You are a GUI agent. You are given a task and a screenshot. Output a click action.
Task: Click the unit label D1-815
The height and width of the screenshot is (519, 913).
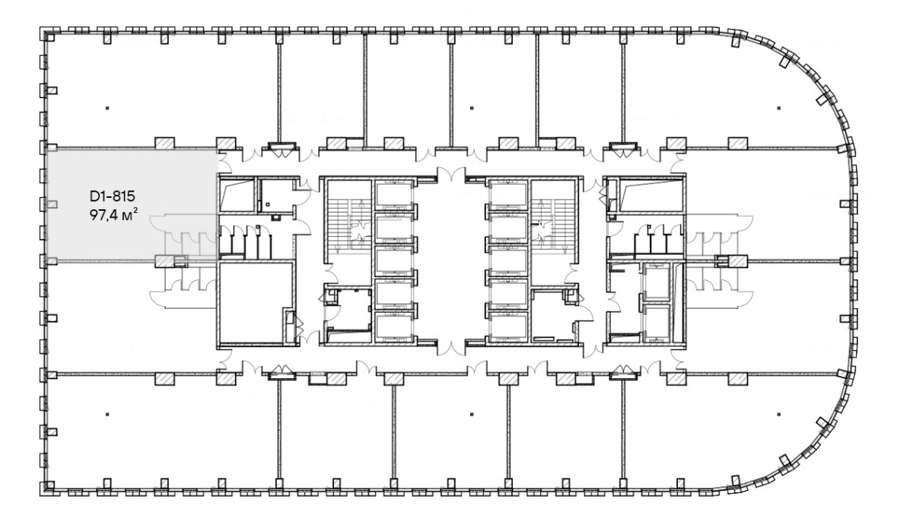pyautogui.click(x=112, y=196)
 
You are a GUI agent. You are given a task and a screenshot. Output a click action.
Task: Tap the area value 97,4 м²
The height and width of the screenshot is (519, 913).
pyautogui.click(x=113, y=215)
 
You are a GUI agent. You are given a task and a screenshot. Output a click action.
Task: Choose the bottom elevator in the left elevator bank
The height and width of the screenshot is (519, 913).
pyautogui.click(x=394, y=327)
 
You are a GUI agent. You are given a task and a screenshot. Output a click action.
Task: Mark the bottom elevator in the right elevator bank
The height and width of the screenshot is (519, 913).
pyautogui.click(x=508, y=327)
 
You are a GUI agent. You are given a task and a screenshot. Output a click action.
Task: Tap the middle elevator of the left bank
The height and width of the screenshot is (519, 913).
pyautogui.click(x=394, y=261)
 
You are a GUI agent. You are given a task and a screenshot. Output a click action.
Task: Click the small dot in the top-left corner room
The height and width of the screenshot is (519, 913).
pyautogui.click(x=107, y=108)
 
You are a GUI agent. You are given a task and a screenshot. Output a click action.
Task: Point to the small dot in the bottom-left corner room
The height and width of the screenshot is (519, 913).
pyautogui.click(x=107, y=414)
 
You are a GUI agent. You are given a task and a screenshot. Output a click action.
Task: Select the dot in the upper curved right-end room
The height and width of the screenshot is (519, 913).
pyautogui.click(x=779, y=108)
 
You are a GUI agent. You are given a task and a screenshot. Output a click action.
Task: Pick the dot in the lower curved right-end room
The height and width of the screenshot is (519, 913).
pyautogui.click(x=779, y=414)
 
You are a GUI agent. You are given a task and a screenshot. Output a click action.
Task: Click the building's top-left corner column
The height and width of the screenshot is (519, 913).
pyautogui.click(x=49, y=37)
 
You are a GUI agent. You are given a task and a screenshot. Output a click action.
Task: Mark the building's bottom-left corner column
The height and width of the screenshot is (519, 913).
pyautogui.click(x=49, y=486)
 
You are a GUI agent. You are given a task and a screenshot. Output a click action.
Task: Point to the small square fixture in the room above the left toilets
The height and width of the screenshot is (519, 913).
pyautogui.click(x=268, y=204)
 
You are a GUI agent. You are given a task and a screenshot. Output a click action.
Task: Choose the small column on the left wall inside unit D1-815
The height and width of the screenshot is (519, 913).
pyautogui.click(x=52, y=204)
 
